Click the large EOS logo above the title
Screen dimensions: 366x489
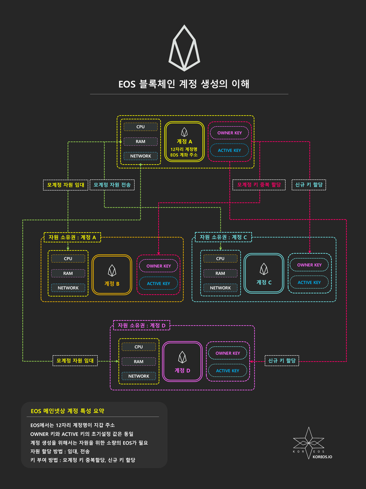[184, 48]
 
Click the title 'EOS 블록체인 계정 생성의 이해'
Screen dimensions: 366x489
[184, 84]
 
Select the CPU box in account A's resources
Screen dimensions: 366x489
[141, 127]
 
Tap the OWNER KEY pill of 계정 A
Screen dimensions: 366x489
[229, 133]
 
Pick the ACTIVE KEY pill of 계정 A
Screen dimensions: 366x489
[229, 150]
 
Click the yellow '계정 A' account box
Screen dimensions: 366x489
[184, 141]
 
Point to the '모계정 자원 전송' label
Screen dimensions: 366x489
[112, 185]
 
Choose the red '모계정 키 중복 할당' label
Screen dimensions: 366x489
[259, 185]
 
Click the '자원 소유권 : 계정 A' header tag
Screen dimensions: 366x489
[72, 237]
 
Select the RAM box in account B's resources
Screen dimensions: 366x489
[68, 273]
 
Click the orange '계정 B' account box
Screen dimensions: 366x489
[112, 274]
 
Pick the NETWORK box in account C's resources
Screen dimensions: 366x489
[220, 288]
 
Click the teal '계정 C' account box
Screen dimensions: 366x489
[264, 273]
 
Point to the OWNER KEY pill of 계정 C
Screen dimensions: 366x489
[309, 265]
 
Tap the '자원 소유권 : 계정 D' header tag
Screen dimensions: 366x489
[142, 325]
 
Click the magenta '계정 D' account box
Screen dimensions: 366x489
[182, 361]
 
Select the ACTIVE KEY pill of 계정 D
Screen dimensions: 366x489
[227, 371]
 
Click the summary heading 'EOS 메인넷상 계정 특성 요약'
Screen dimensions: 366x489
[67, 411]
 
